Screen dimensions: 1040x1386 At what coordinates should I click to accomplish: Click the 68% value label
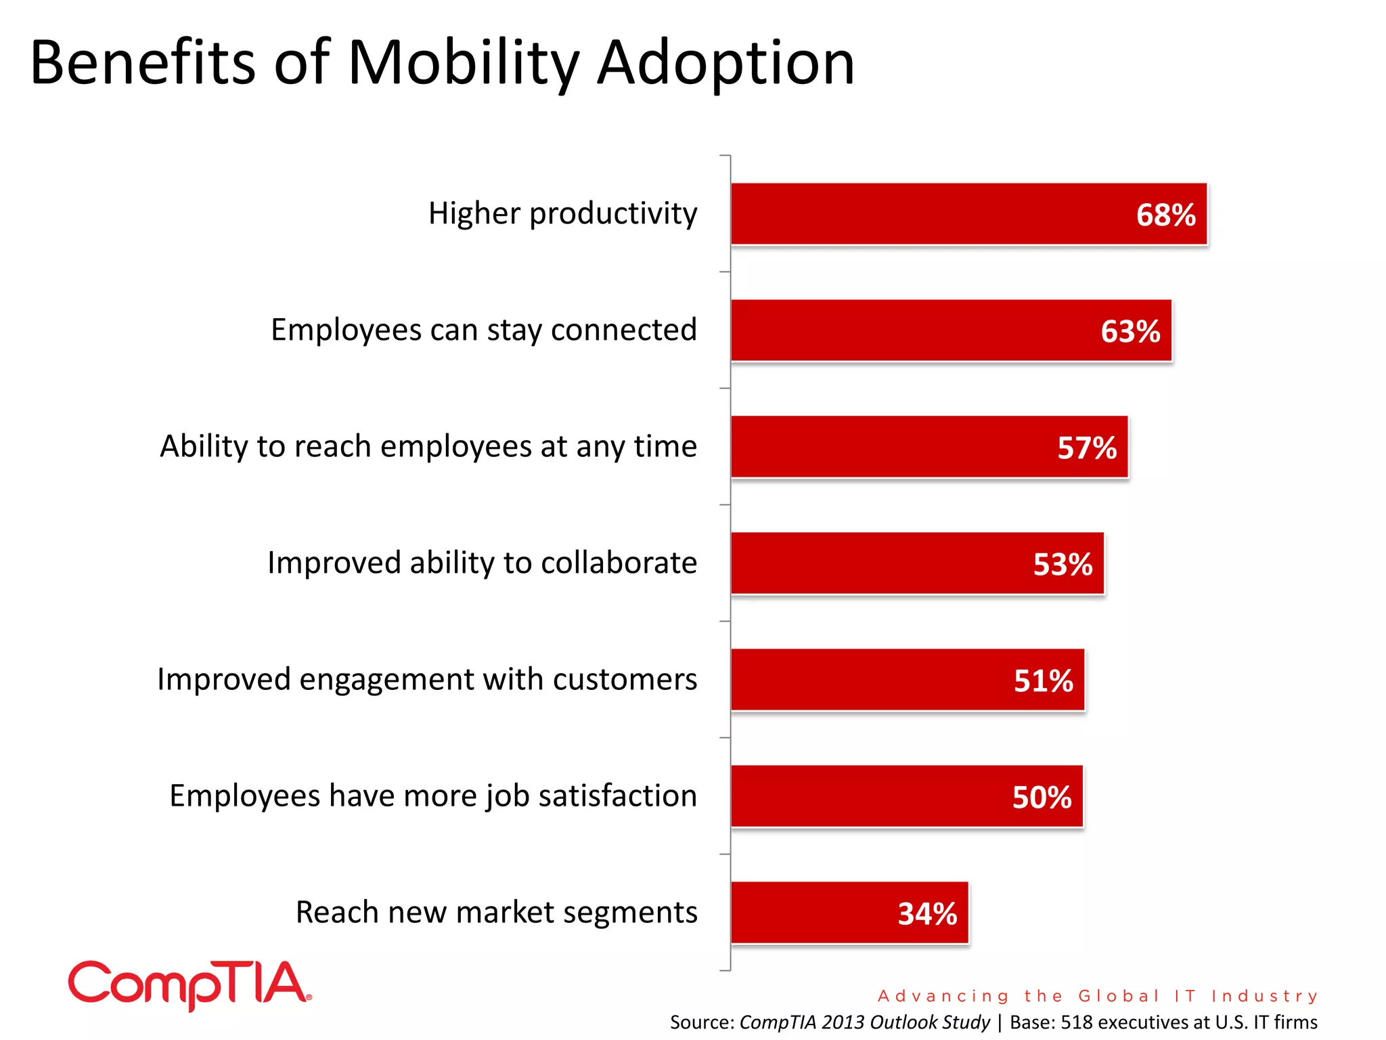pos(1165,215)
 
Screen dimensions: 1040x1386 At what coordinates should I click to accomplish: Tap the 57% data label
pos(1087,448)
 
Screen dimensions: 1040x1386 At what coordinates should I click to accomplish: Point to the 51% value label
pos(1043,681)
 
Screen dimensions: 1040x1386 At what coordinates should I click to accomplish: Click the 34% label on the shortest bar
pos(927,914)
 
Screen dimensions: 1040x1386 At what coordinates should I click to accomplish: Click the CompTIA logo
pos(189,984)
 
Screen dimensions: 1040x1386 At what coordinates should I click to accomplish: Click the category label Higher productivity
pos(562,214)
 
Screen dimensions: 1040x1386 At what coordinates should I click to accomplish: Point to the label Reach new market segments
pos(496,913)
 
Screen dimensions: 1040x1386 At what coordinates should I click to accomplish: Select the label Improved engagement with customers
pos(426,680)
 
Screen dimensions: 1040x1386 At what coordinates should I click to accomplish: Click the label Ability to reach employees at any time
pos(428,447)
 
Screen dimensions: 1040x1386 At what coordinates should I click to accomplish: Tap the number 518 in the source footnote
pos(1076,1022)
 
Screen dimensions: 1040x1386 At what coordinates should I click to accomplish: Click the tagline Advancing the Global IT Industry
pos(1098,996)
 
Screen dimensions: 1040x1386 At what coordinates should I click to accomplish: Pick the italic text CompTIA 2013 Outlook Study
pos(864,1022)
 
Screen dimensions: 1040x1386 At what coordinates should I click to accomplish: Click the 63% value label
pos(1130,332)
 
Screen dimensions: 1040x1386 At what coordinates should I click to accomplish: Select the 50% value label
pos(1042,798)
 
